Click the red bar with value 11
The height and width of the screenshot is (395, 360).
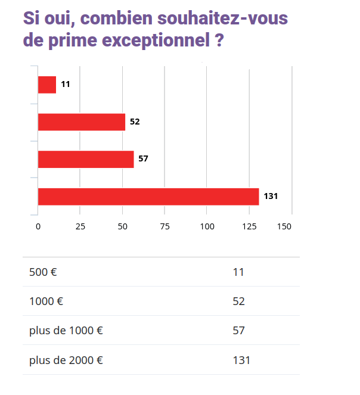pyautogui.click(x=47, y=85)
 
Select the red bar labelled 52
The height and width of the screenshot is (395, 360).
pyautogui.click(x=82, y=122)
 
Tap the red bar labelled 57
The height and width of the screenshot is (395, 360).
pyautogui.click(x=86, y=159)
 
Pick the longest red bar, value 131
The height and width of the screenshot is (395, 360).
pyautogui.click(x=148, y=197)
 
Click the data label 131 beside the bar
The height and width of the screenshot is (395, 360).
pyautogui.click(x=271, y=196)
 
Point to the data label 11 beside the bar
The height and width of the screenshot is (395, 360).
pyautogui.click(x=66, y=85)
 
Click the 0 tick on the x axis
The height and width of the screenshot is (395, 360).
pyautogui.click(x=38, y=226)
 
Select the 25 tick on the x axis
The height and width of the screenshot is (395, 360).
pyautogui.click(x=80, y=226)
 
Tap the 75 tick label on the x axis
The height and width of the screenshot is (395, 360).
pyautogui.click(x=165, y=226)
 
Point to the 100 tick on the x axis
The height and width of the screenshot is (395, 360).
pyautogui.click(x=207, y=226)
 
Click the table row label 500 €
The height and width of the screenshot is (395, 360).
pyautogui.click(x=43, y=272)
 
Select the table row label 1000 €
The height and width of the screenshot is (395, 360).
pyautogui.click(x=46, y=301)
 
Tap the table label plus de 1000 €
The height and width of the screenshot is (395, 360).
pyautogui.click(x=66, y=331)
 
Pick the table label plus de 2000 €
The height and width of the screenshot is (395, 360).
pyautogui.click(x=66, y=360)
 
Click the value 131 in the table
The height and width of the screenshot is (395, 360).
pyautogui.click(x=241, y=360)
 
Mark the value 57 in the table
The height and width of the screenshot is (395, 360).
pyautogui.click(x=238, y=331)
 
